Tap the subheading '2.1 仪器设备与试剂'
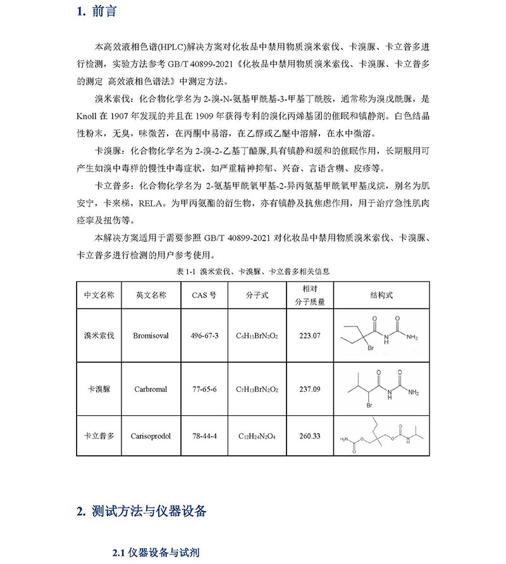pyautogui.click(x=155, y=553)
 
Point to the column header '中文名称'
pyautogui.click(x=99, y=295)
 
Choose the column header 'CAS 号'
pyautogui.click(x=204, y=295)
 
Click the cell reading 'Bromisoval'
pyautogui.click(x=151, y=335)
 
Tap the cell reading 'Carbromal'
pyautogui.click(x=151, y=389)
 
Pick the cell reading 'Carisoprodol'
pyautogui.click(x=151, y=436)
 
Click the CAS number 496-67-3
pyautogui.click(x=204, y=335)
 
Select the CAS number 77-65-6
pyautogui.click(x=204, y=389)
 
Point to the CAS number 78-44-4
pyautogui.click(x=204, y=436)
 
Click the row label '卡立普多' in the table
pyautogui.click(x=99, y=436)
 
